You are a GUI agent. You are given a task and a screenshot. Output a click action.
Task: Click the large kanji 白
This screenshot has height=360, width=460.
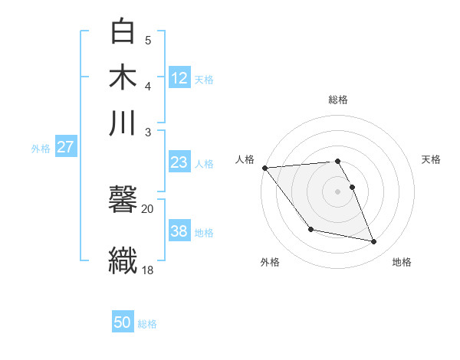(123, 32)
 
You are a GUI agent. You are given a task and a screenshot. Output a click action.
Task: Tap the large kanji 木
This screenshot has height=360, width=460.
(123, 78)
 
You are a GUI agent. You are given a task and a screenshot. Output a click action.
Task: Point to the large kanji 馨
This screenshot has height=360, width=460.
(123, 202)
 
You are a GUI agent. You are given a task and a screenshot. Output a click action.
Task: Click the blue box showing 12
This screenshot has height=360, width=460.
(179, 77)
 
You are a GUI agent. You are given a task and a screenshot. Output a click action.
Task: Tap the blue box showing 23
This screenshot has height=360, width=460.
(179, 162)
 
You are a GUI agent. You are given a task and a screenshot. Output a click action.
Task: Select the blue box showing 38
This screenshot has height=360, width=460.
(179, 231)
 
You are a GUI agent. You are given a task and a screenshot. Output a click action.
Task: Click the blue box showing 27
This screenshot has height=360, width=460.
(66, 147)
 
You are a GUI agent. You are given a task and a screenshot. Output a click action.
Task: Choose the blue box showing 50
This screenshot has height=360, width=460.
(123, 322)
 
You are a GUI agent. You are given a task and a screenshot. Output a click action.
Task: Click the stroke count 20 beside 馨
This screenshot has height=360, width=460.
(147, 208)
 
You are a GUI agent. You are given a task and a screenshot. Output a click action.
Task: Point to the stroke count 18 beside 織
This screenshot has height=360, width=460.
(147, 269)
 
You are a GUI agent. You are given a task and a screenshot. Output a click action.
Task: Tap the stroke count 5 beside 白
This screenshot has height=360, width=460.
(148, 40)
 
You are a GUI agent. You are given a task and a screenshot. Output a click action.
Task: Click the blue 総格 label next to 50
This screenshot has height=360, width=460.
(147, 324)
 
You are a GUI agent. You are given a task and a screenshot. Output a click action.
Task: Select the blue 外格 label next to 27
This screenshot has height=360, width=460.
(41, 149)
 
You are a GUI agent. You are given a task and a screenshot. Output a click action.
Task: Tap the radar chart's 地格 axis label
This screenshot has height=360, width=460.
(402, 262)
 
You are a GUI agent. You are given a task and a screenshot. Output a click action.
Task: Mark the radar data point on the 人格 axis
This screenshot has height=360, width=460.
(264, 168)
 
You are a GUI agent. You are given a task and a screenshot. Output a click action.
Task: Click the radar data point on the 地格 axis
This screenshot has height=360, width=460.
(374, 242)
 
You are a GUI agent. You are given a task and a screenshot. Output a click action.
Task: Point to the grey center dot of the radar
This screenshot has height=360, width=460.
(337, 191)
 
